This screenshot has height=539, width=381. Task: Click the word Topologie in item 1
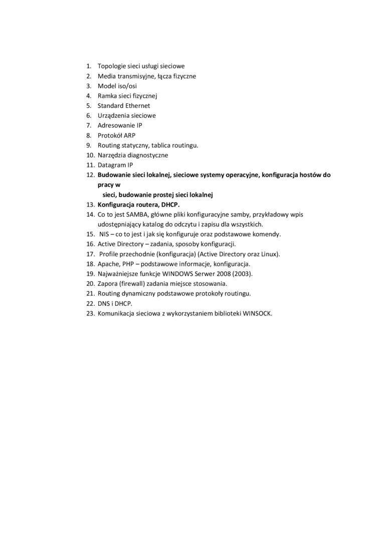tap(111, 66)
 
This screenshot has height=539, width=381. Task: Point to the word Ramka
tap(106, 96)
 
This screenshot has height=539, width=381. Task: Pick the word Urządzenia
tap(113, 115)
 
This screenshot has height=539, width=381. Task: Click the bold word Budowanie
tap(113, 174)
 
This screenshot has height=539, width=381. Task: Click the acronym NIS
tap(104, 234)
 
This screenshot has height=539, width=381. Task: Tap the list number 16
tap(90, 244)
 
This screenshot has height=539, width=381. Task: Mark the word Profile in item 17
tap(110, 254)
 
